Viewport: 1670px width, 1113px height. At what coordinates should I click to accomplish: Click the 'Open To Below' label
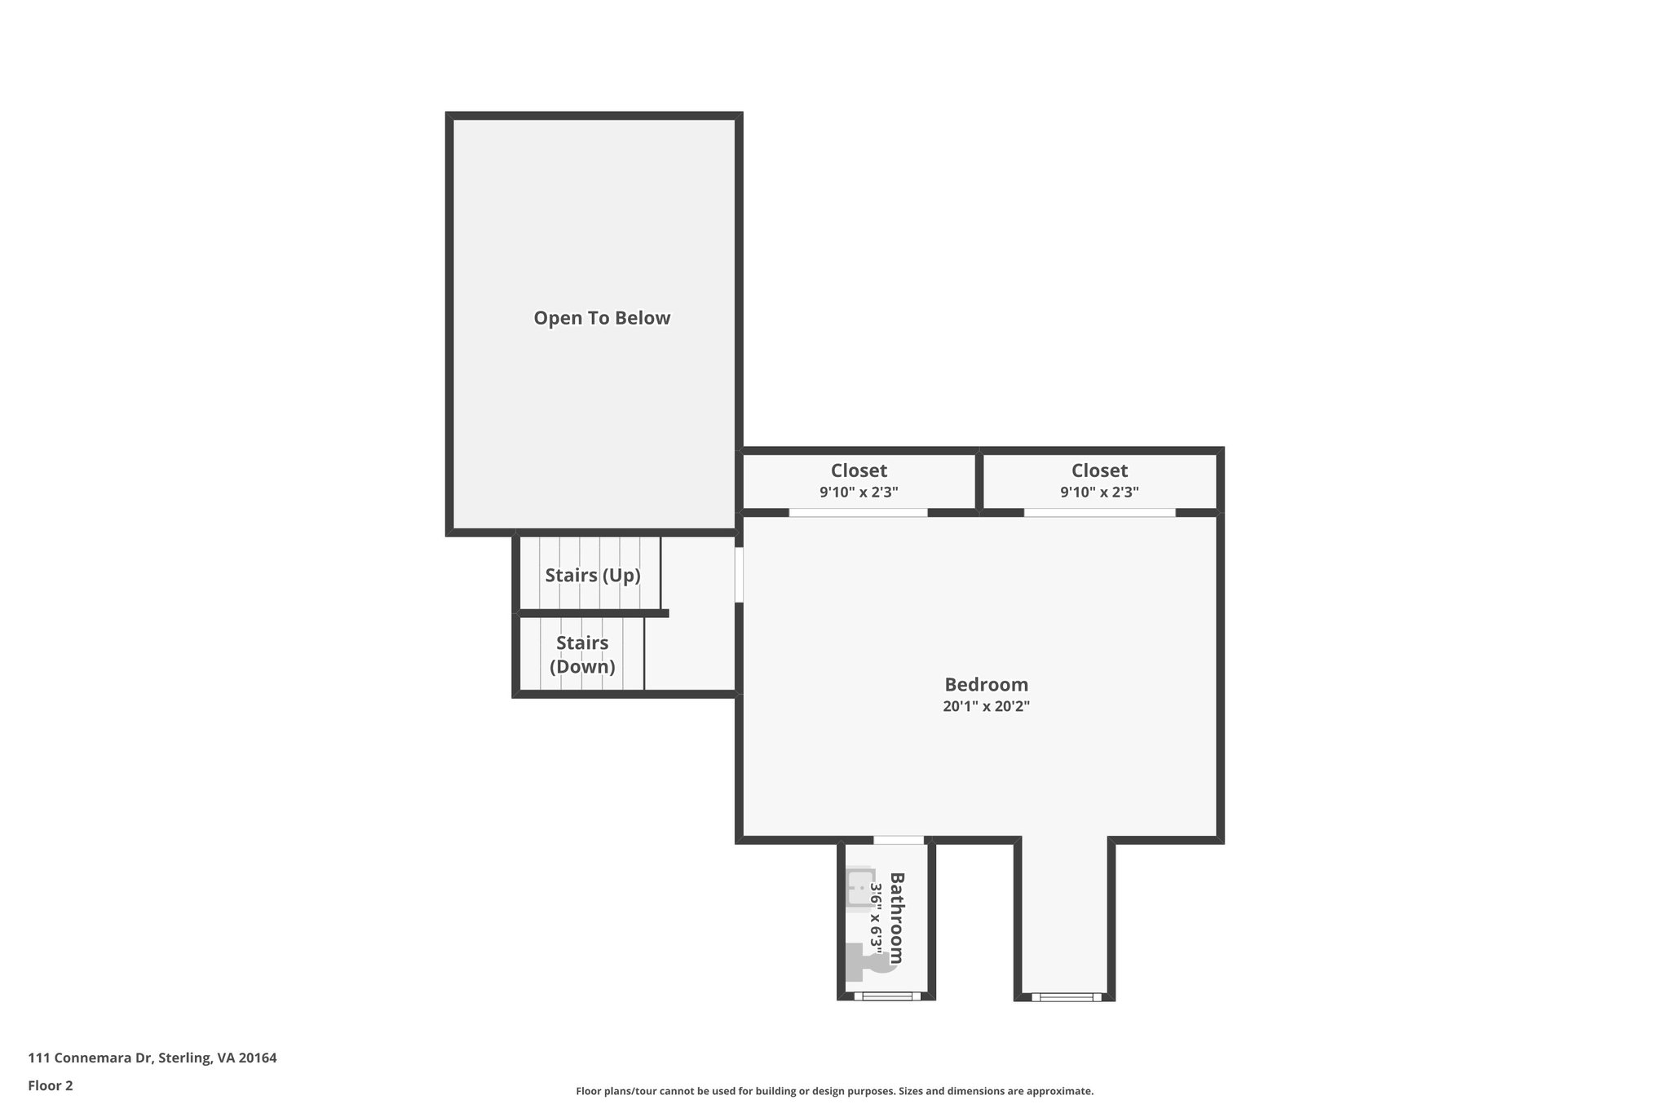point(602,318)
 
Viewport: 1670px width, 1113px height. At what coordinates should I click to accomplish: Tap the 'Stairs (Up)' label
point(593,575)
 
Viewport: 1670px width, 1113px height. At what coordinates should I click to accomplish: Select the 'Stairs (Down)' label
point(582,655)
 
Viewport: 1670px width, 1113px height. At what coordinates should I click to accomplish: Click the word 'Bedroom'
point(986,684)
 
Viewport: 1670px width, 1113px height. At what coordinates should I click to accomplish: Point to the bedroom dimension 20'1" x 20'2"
point(986,706)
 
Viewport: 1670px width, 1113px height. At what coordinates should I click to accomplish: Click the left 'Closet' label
point(859,470)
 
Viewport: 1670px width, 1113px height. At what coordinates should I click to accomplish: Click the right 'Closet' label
point(1099,470)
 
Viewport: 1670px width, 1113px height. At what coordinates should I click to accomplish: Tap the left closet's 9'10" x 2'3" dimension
point(859,492)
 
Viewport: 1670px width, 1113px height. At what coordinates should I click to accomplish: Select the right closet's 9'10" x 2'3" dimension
point(1099,492)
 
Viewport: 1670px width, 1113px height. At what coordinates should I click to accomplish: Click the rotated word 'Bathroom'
point(896,917)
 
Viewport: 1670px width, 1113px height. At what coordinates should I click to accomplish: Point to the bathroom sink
point(859,886)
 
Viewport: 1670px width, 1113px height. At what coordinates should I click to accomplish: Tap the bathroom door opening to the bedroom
point(899,840)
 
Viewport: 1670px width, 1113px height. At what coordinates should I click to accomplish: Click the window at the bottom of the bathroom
point(887,996)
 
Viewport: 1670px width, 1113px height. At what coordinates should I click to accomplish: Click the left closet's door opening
point(858,513)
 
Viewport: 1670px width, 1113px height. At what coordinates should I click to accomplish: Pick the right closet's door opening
point(1099,513)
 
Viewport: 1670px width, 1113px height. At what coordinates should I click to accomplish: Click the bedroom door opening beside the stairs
point(739,574)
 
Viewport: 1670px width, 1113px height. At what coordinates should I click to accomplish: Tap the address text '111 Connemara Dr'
point(91,1058)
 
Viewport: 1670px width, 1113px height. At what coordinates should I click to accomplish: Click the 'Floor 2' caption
point(51,1085)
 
